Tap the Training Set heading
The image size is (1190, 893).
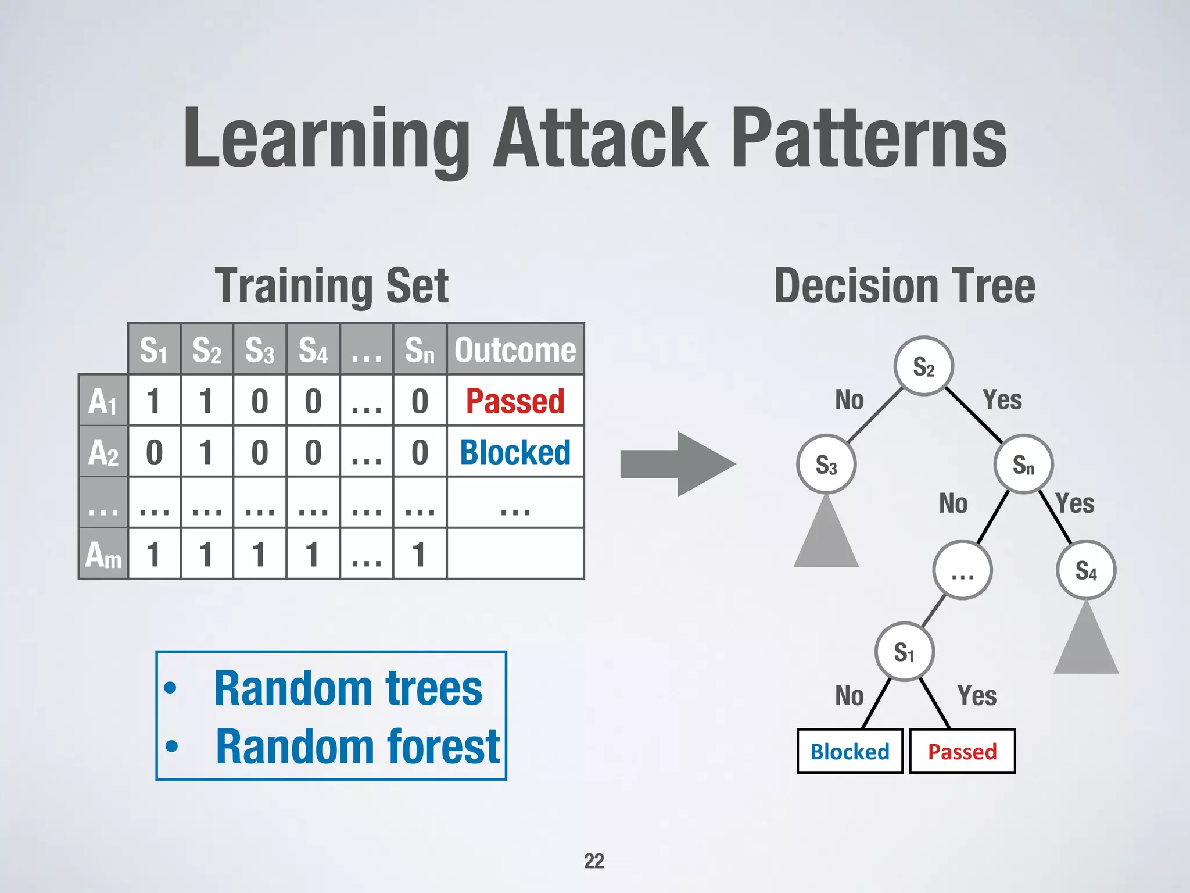(332, 285)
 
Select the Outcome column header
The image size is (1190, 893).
(515, 349)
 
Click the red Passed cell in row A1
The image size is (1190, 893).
(515, 401)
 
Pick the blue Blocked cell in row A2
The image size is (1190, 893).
(515, 452)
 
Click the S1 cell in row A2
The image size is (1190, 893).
(154, 452)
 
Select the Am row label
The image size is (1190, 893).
(103, 554)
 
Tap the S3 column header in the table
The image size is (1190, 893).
(260, 349)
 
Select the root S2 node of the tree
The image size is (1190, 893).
(923, 366)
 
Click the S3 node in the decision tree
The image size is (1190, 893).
(826, 465)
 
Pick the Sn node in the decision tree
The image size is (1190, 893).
(1023, 465)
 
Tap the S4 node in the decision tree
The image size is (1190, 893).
(1085, 570)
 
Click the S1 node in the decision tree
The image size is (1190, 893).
(904, 652)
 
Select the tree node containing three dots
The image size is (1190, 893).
(962, 570)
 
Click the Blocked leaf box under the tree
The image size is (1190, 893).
(850, 751)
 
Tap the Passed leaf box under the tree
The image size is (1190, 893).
(962, 751)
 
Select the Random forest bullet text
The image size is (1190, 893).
(357, 746)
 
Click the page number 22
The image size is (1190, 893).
(594, 861)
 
